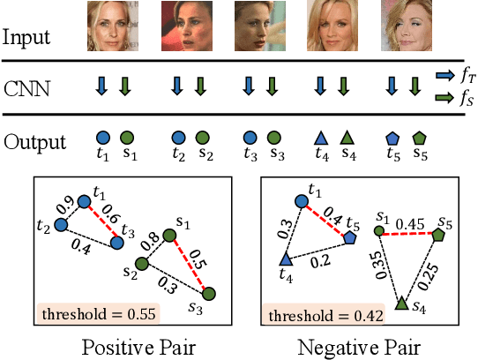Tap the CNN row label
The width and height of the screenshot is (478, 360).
(27, 87)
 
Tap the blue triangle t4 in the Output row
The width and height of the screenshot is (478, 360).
(321, 138)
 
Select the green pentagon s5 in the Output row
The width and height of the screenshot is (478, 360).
(419, 138)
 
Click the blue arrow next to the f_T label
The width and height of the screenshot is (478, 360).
(443, 77)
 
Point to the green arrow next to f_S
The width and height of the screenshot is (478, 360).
(443, 98)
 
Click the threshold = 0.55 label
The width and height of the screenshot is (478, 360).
(88, 313)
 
